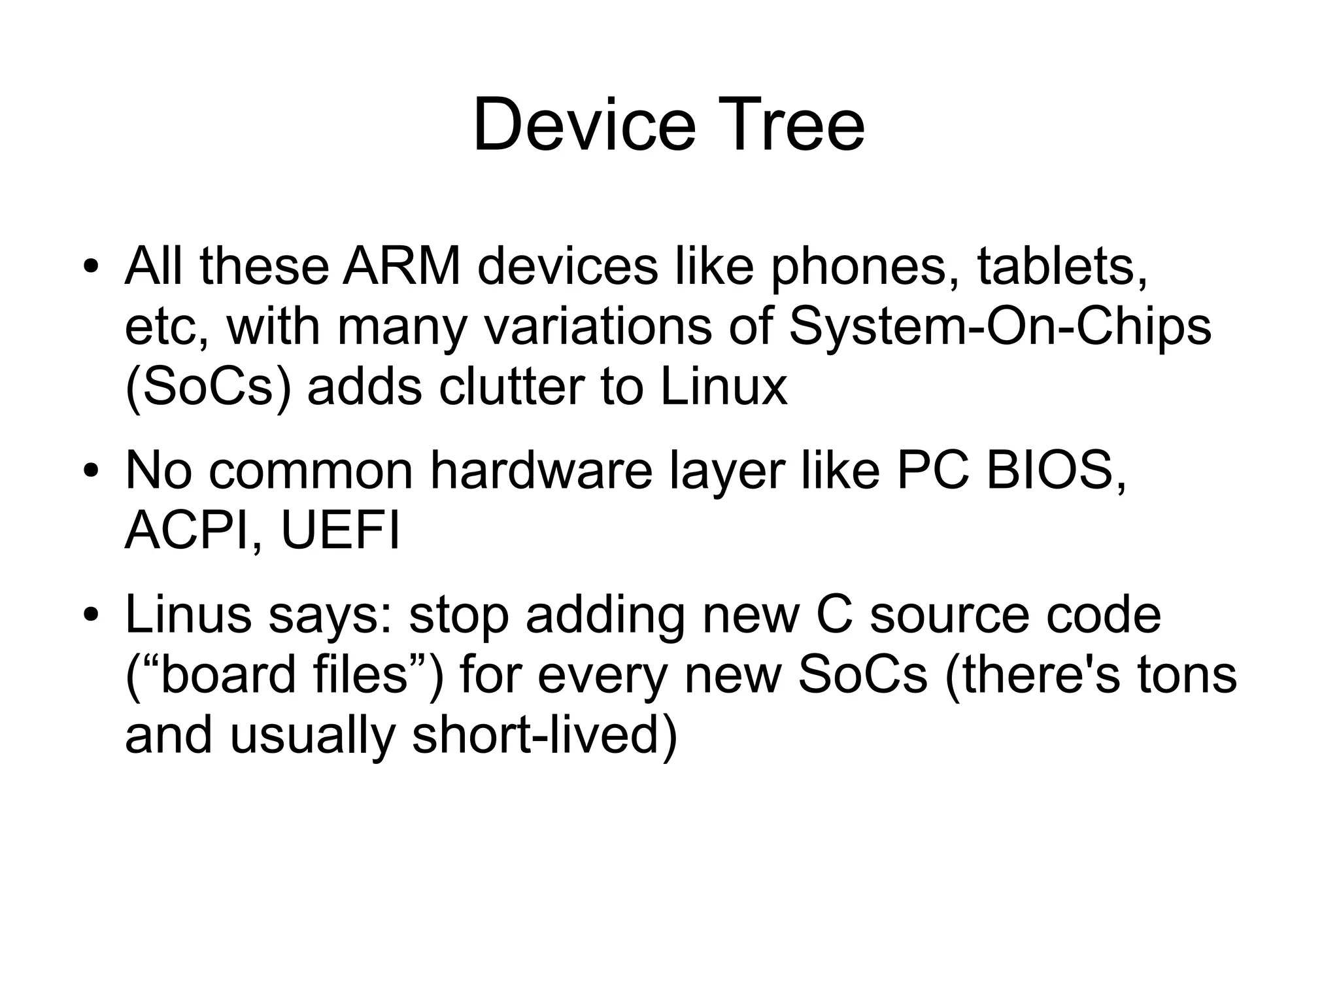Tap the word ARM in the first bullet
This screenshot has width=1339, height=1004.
[402, 266]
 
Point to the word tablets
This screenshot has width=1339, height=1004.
[1062, 266]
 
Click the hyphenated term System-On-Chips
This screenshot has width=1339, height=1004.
[1000, 327]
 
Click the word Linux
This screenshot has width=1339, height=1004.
[724, 387]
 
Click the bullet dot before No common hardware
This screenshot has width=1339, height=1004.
[90, 471]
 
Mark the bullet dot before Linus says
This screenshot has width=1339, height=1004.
[90, 615]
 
